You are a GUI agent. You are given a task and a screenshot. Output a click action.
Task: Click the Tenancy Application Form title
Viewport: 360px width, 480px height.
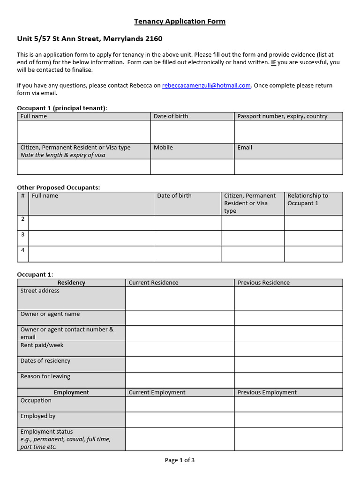180,22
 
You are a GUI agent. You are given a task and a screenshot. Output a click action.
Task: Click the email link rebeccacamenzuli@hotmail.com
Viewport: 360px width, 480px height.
206,85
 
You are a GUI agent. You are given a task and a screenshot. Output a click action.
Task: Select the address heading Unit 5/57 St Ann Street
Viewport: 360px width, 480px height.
90,39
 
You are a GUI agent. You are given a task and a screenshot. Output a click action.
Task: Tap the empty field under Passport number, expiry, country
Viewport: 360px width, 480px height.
288,132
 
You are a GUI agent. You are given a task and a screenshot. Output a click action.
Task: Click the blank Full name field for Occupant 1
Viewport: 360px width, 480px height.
84,132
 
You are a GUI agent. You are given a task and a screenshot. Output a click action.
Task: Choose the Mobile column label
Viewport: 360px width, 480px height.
163,147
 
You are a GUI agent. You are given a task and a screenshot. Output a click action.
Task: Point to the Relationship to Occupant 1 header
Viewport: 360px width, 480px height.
307,199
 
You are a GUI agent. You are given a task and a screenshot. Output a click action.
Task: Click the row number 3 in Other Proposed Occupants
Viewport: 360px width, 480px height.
23,234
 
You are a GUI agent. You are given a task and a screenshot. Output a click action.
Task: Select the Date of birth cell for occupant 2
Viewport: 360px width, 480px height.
187,223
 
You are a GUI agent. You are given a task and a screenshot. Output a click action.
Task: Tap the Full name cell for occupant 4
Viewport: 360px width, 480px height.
91,254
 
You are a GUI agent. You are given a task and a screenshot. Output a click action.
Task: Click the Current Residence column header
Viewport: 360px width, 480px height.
153,283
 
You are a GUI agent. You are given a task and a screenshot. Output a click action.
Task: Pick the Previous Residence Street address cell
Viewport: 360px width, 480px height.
288,298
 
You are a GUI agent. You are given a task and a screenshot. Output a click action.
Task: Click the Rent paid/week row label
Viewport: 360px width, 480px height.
42,345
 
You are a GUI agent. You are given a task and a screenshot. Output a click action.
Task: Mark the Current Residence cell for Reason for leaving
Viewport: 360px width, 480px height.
180,380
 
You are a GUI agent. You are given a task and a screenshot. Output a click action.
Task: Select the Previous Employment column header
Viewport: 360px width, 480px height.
267,392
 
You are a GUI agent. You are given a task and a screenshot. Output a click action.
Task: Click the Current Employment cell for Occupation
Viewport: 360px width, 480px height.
180,404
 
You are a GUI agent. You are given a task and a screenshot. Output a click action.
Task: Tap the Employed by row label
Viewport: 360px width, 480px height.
38,416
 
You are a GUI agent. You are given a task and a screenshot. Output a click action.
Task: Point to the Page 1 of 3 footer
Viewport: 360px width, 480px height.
180,460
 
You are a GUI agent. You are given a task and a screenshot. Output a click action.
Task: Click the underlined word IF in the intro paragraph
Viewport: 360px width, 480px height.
273,62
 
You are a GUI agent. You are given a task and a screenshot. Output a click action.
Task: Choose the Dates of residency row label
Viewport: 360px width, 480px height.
45,360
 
